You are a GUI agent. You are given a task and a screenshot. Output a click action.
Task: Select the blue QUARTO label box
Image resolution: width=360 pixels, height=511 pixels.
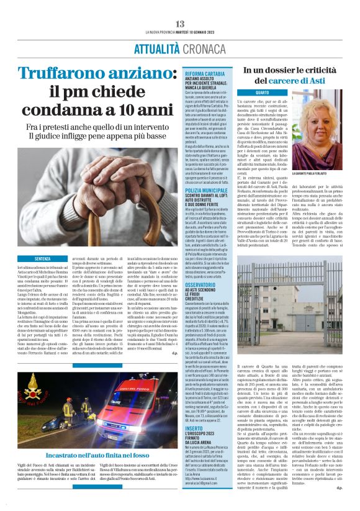(x=262, y=92)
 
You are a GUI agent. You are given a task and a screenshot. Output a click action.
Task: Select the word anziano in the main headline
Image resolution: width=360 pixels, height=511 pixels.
(x=136, y=73)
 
